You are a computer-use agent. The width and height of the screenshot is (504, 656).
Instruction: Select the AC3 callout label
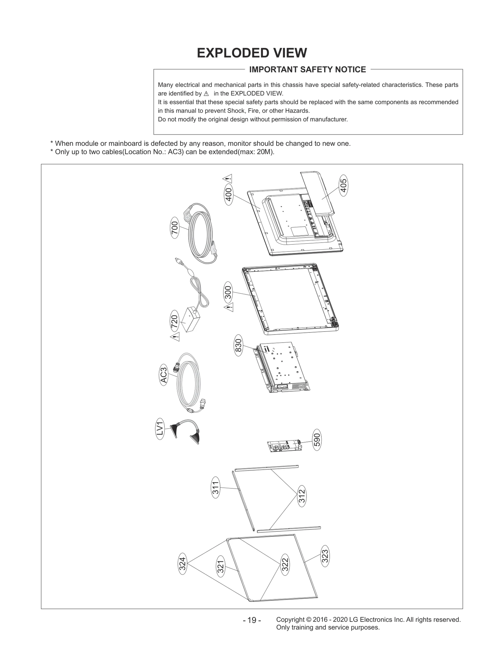click(x=164, y=376)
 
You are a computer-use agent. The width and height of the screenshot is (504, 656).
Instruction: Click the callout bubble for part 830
click(x=238, y=345)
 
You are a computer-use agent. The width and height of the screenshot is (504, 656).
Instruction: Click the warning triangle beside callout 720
click(x=175, y=337)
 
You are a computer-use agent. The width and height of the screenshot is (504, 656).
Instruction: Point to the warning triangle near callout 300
click(x=229, y=307)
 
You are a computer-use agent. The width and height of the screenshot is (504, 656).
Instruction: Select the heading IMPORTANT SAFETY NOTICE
click(x=307, y=70)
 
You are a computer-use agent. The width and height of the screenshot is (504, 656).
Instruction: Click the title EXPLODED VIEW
click(x=252, y=53)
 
